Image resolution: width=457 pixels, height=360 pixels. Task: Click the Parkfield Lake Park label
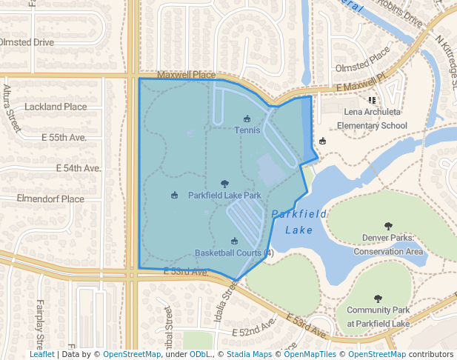coord(224,196)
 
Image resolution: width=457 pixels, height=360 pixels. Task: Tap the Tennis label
coord(247,130)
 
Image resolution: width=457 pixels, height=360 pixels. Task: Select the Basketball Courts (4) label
coord(234,253)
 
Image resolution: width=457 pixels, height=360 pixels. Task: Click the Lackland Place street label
coord(56,107)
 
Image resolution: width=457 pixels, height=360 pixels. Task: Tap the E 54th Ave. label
coord(78,168)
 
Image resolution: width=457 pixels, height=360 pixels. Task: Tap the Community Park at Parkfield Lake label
coord(378,317)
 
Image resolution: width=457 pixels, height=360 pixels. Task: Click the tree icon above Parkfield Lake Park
coord(224,184)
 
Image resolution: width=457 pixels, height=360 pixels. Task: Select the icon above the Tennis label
coord(247,119)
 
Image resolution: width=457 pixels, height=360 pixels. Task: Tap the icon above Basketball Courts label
coord(234,241)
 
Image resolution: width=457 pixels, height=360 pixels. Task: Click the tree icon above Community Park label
coord(378,299)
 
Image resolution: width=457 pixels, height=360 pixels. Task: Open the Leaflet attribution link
coord(41,354)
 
